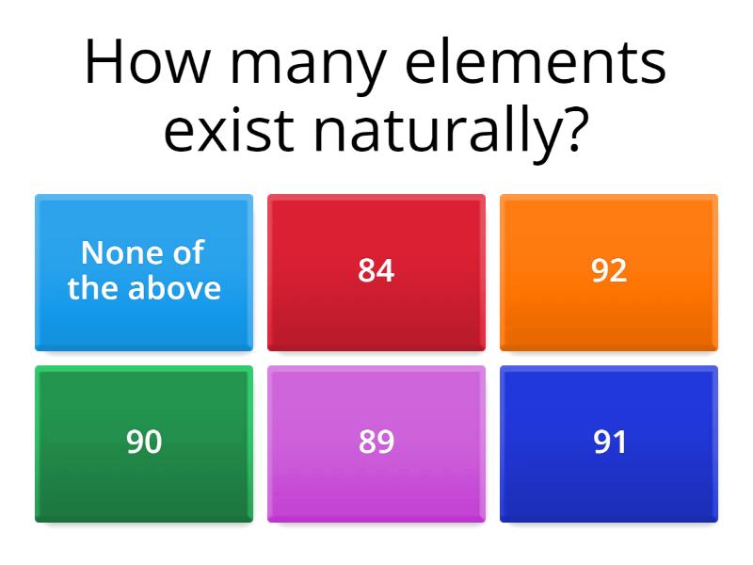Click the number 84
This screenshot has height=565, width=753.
tap(376, 271)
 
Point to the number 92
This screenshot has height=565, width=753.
tap(609, 271)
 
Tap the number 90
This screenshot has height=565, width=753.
tap(144, 442)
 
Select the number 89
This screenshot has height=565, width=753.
tap(376, 442)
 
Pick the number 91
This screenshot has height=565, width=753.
tap(609, 442)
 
